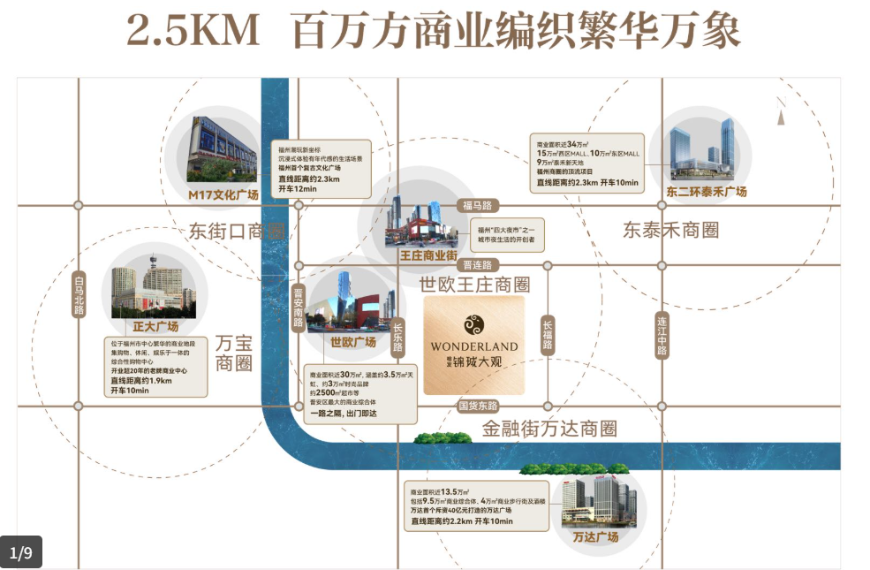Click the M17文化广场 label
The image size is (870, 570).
[x=223, y=194]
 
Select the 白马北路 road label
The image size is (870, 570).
[x=79, y=293]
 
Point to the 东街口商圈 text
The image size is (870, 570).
[x=237, y=232]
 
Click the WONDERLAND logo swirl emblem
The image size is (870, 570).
[x=474, y=324]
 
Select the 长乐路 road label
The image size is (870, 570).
[x=397, y=335]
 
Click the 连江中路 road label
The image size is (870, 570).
[x=662, y=336]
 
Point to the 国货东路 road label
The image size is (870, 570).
[x=478, y=406]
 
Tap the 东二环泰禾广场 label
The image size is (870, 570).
[x=707, y=191]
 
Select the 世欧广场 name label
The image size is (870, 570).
[x=352, y=342]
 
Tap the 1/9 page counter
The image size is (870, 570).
[x=21, y=553]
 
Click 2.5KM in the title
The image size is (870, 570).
[x=193, y=33]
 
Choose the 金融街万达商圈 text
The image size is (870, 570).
[x=549, y=429]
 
